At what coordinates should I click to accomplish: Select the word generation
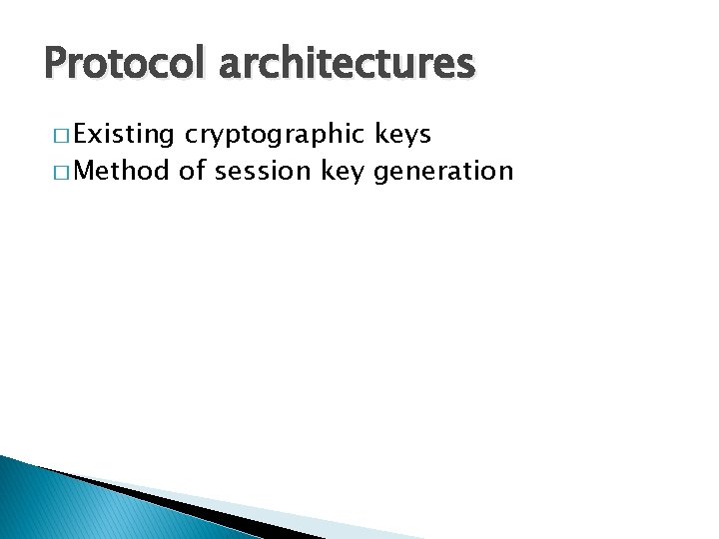point(443,172)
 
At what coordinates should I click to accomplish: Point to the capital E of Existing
point(81,134)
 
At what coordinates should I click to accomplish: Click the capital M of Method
point(84,171)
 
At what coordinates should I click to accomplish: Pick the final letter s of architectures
point(466,65)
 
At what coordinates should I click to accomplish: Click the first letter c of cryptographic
point(190,136)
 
